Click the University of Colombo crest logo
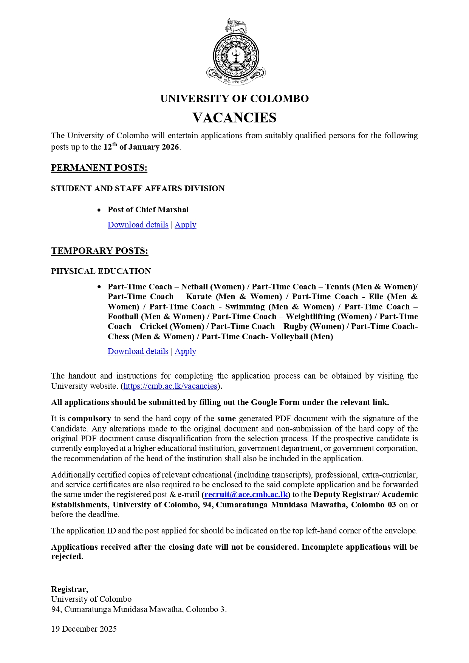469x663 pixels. click(236, 52)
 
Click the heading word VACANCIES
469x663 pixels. click(234, 118)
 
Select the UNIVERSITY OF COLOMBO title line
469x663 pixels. click(234, 99)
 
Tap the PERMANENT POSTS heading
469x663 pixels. click(99, 168)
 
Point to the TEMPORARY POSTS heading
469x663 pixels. click(99, 251)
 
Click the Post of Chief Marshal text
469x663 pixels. click(148, 210)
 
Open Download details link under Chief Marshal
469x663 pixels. click(138, 225)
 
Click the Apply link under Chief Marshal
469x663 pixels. click(185, 225)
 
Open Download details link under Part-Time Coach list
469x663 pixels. click(138, 351)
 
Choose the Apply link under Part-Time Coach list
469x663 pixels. click(185, 351)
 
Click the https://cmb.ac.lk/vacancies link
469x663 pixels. click(170, 386)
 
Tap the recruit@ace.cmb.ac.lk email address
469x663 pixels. click(246, 495)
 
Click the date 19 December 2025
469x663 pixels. click(84, 629)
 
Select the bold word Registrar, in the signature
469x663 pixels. click(70, 589)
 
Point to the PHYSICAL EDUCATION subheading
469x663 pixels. click(101, 271)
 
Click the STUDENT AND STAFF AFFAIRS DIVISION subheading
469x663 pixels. click(138, 189)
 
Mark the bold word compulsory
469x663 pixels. click(89, 419)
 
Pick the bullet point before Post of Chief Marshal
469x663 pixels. click(99, 210)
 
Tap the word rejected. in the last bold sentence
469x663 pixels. click(67, 556)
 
